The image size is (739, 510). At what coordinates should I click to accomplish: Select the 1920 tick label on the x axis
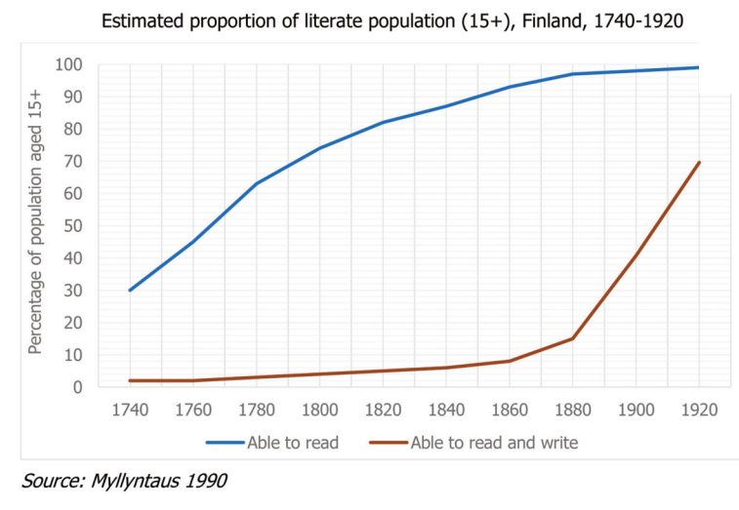pos(699,410)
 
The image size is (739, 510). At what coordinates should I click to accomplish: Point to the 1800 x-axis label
pos(319,410)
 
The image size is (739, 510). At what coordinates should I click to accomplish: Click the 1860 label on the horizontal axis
pos(510,410)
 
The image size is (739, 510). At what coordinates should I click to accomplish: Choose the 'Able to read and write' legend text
pos(494,443)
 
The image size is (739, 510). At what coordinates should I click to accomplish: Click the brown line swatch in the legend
pos(388,443)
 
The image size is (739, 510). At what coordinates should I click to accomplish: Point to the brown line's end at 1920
pos(699,162)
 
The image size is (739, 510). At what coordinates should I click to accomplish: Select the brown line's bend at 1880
pos(572,338)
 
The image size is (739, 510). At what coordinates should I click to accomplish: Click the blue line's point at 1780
pos(256,183)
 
